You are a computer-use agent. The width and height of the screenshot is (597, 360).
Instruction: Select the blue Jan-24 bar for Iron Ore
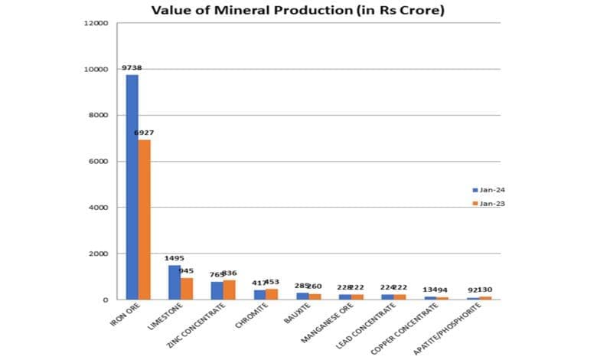click(x=132, y=187)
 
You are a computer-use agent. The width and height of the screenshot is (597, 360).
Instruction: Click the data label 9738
click(x=132, y=68)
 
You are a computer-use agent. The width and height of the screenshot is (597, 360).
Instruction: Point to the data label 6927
click(x=144, y=133)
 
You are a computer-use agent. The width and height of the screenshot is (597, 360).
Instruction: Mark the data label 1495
click(x=175, y=258)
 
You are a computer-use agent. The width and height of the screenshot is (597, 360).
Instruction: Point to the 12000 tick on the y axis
click(x=96, y=23)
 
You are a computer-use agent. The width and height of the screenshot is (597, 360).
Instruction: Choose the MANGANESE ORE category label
click(x=327, y=325)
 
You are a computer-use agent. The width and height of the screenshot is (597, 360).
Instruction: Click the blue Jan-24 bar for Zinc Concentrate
click(x=217, y=290)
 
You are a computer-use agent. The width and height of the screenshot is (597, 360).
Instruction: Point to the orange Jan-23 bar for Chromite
click(x=272, y=294)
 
